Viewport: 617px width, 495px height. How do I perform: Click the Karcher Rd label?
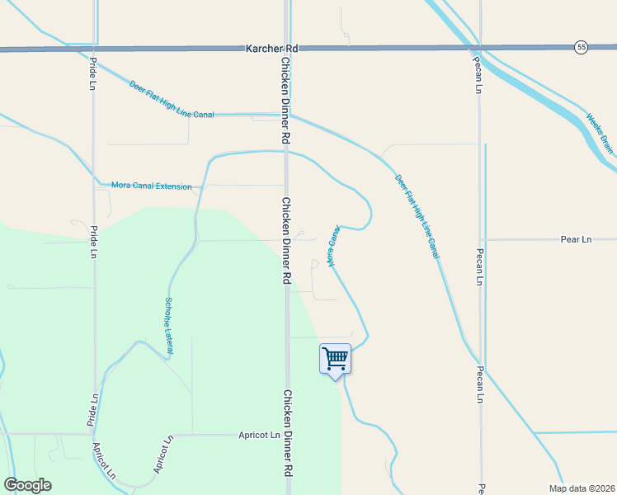271,49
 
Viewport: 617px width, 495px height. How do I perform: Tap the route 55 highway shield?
582,48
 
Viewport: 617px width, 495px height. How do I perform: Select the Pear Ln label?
576,239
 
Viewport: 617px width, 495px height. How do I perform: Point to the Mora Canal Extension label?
151,186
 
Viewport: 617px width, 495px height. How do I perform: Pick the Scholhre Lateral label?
168,326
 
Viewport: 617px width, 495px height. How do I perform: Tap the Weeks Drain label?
601,134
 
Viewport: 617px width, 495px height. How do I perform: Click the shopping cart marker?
335,359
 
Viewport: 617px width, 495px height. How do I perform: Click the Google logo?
27,485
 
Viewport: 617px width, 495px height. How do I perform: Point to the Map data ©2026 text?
581,488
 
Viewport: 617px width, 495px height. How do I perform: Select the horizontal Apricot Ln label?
261,434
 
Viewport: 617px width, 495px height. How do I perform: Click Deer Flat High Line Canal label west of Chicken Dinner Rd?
171,99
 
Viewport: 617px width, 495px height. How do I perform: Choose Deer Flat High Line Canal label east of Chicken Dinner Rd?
417,215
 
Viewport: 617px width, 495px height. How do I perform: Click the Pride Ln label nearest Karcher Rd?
93,73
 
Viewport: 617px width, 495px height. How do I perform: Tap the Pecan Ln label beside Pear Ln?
479,266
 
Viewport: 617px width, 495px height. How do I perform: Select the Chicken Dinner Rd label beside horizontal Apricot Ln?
289,444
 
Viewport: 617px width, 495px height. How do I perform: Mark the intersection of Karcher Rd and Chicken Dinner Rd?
287,49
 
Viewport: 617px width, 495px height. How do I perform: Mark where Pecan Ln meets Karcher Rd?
479,49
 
